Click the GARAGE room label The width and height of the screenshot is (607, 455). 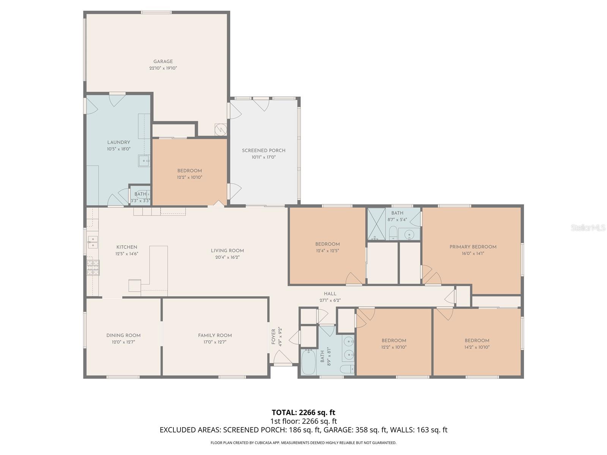163,61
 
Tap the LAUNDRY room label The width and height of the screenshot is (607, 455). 118,142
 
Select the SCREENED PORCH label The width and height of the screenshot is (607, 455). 264,151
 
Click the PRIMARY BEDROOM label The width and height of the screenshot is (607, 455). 473,247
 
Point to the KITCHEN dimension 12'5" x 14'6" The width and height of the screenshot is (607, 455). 127,254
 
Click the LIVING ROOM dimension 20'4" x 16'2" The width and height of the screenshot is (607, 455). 227,257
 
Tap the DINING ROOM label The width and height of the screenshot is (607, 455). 123,335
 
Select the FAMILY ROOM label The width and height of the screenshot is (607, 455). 215,335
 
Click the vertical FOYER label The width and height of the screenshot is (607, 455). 274,337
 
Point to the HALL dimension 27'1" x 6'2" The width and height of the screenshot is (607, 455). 330,300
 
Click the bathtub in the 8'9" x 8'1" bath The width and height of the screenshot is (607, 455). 308,362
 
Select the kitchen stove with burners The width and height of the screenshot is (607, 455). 93,267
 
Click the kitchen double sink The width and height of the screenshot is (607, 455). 92,242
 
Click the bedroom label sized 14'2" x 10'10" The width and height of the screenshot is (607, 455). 477,340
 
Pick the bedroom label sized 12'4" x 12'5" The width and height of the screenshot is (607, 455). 327,244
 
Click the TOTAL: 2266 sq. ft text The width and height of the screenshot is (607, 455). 303,412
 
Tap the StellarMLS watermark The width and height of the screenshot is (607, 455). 588,228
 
